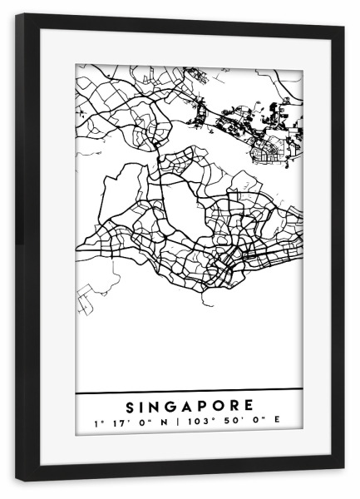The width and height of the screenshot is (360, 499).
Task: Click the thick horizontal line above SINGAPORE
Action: [189, 390]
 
